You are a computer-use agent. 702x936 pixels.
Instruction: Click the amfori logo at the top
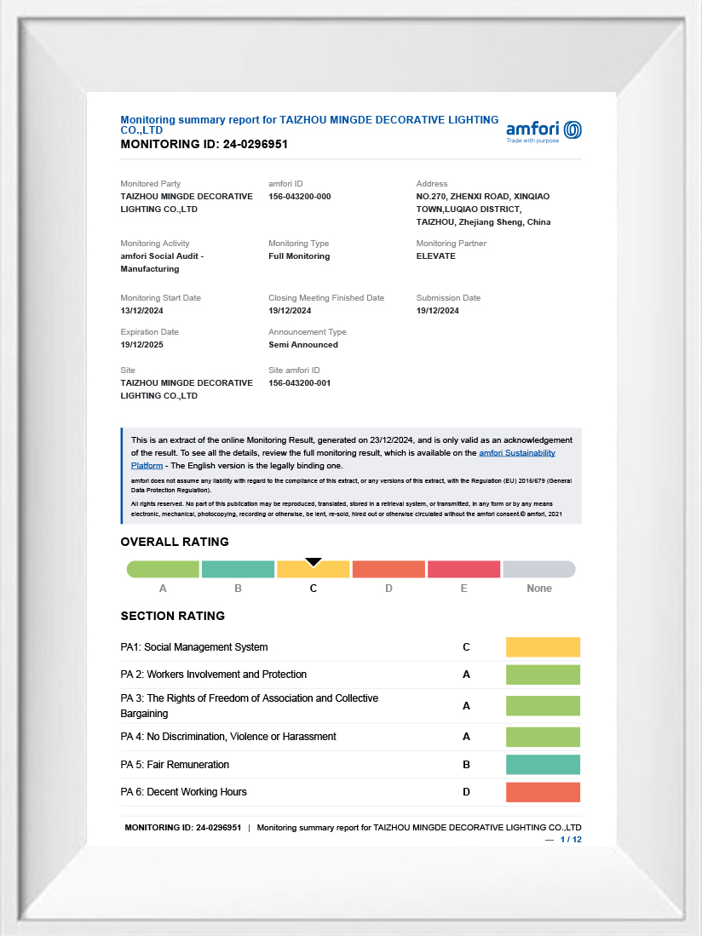(544, 130)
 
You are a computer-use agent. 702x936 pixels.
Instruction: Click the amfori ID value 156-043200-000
(299, 197)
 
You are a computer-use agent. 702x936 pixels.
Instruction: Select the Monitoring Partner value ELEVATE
(435, 256)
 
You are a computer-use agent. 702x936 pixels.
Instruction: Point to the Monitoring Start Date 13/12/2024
(143, 311)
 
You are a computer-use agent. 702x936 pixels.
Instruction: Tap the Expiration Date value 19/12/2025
(143, 345)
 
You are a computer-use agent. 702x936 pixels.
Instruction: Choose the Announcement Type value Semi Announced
(302, 345)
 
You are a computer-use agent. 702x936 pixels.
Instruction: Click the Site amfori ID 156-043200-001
(299, 383)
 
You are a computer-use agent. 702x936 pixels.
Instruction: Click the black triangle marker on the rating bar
(314, 561)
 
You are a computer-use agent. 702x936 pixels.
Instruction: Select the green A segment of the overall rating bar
(163, 569)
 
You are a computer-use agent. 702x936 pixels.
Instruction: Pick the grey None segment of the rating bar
(539, 569)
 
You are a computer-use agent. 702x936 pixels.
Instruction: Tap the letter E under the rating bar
(463, 589)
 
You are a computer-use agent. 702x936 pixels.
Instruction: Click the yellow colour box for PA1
(543, 647)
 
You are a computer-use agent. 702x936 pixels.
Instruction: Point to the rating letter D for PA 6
(466, 792)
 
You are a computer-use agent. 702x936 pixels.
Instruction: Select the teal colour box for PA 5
(543, 765)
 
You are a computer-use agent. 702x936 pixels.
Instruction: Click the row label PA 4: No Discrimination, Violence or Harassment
(228, 737)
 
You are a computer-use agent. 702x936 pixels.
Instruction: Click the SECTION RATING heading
(172, 616)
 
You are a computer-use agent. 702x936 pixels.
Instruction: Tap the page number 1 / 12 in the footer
(570, 840)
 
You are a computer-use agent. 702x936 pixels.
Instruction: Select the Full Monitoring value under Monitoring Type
(299, 256)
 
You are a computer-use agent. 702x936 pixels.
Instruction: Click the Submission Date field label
(448, 298)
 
